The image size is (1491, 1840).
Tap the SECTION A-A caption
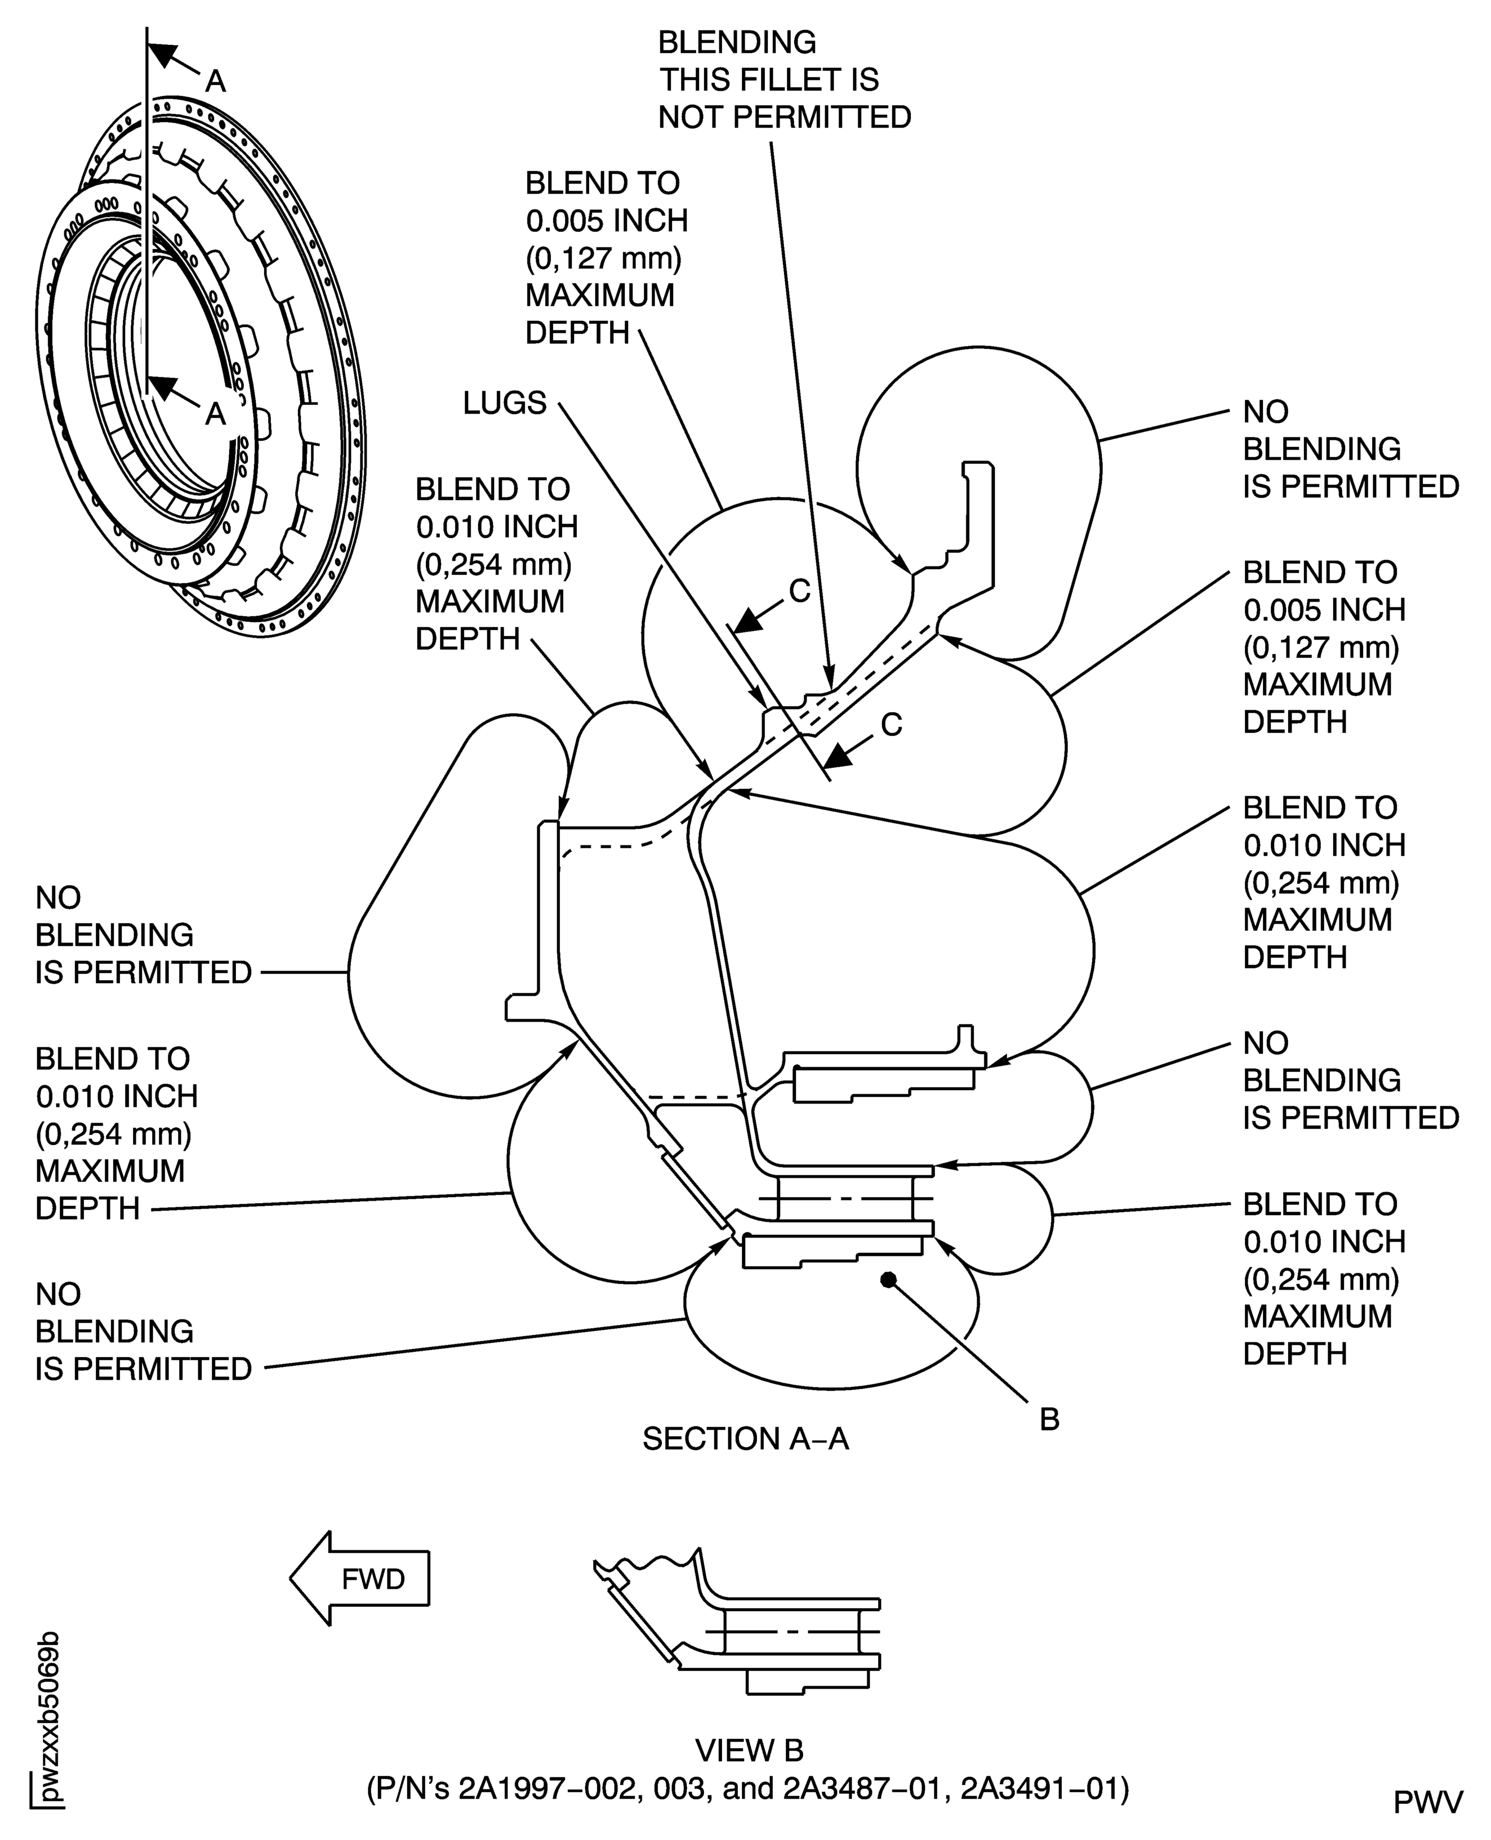(x=746, y=1438)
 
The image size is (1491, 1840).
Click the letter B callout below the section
(x=1049, y=1419)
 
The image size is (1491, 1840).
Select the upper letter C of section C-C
(x=800, y=591)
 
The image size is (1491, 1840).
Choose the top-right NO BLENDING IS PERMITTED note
(x=1350, y=449)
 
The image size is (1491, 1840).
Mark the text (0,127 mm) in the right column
(x=1321, y=647)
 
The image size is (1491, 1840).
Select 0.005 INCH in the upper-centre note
(x=606, y=221)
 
